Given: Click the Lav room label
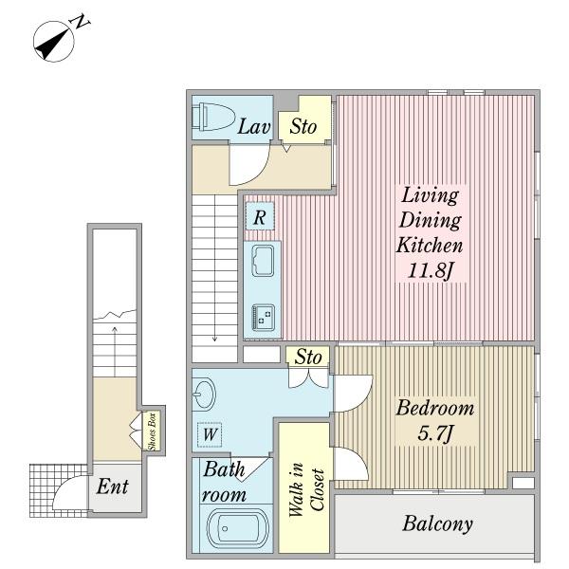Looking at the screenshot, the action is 254,127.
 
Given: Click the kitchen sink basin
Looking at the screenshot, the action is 263,261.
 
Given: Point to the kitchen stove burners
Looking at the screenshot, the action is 263,317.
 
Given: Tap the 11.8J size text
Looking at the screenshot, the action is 431,270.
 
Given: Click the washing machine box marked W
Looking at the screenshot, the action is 210,434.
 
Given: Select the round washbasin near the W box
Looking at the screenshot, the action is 203,395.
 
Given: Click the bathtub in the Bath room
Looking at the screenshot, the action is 238,527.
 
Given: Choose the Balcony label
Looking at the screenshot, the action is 437,523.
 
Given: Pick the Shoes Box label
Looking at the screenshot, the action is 152,431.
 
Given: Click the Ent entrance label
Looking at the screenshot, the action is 113,486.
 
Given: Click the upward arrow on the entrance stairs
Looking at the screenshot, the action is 115,351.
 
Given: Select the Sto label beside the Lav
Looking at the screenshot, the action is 303,126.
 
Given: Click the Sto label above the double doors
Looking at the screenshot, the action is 308,357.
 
